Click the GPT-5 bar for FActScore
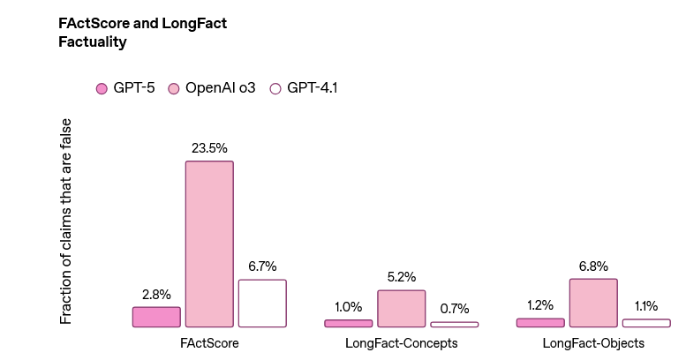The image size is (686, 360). (x=156, y=317)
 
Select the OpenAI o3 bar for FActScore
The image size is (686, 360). (x=209, y=244)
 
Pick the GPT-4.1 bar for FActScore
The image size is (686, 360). (x=262, y=304)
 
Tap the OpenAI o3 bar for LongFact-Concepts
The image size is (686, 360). (x=401, y=309)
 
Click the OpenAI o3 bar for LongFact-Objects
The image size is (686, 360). (x=593, y=303)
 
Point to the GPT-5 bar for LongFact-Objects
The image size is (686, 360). (x=540, y=323)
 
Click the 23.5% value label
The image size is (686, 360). (x=209, y=148)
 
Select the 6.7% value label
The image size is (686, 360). (x=262, y=266)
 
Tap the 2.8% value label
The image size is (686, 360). (x=156, y=294)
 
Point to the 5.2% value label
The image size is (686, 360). (x=401, y=277)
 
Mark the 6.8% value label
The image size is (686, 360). (x=593, y=266)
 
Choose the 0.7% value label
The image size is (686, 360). (x=454, y=308)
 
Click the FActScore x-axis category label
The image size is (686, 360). (x=209, y=342)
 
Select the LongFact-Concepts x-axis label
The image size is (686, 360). (x=401, y=342)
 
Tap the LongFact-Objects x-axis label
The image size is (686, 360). (x=593, y=342)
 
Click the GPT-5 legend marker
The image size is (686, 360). (x=102, y=88)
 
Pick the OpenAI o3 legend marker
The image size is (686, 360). (x=174, y=88)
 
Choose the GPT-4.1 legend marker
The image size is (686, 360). (x=275, y=88)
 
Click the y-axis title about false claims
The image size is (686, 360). (x=66, y=221)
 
